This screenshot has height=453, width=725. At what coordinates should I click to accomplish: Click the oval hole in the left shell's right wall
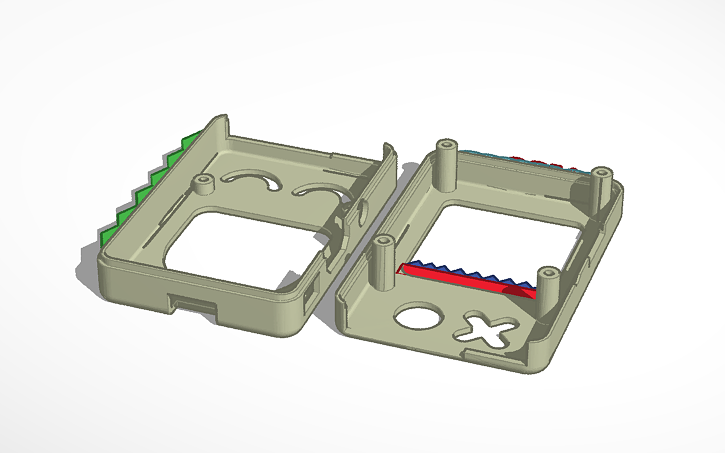(x=358, y=214)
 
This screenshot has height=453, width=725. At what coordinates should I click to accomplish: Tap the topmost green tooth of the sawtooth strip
(x=190, y=138)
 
